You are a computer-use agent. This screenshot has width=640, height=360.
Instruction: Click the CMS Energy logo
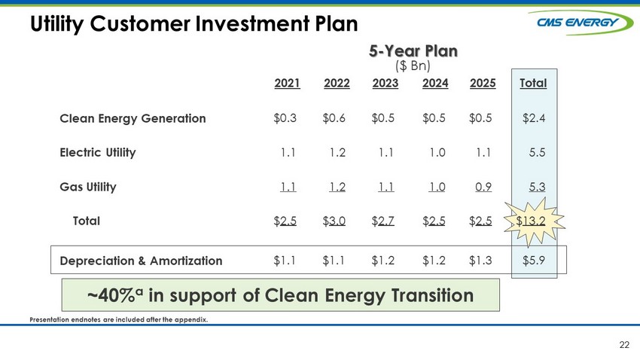tap(581, 23)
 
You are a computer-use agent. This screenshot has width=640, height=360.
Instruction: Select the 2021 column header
tap(287, 84)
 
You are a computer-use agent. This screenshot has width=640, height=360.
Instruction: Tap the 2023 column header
tap(386, 84)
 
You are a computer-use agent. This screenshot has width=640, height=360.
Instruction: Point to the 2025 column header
tap(483, 84)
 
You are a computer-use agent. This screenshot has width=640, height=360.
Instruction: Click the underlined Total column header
tap(533, 84)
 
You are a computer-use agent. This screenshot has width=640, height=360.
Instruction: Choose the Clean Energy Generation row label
tap(133, 118)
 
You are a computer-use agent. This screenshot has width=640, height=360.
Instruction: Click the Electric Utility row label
tap(98, 153)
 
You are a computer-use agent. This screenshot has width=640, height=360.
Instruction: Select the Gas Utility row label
tap(88, 187)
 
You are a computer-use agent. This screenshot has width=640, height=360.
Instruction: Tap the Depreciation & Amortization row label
tap(141, 261)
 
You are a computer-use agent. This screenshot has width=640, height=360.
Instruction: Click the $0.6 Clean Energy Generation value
tap(334, 118)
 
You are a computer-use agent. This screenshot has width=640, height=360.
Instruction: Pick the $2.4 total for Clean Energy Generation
tap(534, 118)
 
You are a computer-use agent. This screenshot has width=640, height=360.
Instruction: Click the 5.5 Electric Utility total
tap(537, 153)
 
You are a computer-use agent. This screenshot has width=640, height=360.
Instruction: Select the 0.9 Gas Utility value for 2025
tap(483, 187)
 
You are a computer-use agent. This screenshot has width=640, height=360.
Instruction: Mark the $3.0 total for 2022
tap(334, 221)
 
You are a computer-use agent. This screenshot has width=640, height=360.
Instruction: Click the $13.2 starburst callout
tap(534, 221)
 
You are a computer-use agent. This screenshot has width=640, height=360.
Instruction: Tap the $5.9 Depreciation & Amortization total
tap(534, 261)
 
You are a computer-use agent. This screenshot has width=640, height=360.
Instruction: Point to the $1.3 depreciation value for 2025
tap(480, 261)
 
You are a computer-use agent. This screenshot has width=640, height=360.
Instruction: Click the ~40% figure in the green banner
tap(115, 295)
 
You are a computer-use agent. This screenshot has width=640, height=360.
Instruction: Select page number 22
tap(624, 345)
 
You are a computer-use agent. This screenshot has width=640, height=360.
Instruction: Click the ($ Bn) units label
tap(413, 66)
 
